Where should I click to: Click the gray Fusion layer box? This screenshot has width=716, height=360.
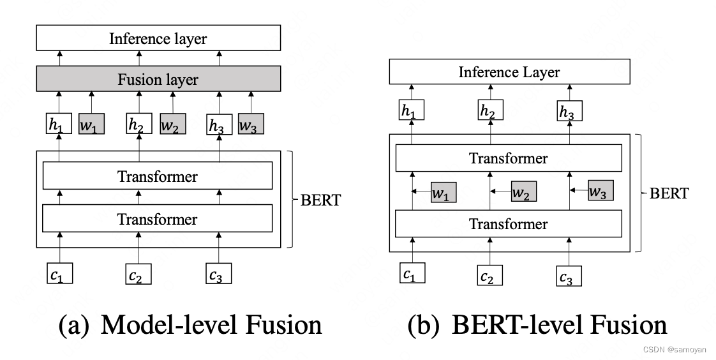tap(158, 80)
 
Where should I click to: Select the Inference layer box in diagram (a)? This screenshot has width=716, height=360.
tap(158, 38)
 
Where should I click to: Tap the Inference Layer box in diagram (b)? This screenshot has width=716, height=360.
tap(509, 72)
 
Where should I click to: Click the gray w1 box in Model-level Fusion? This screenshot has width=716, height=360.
tap(91, 124)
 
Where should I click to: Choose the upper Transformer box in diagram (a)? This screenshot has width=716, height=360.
tap(158, 176)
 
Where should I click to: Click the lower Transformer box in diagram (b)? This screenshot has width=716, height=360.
tap(509, 223)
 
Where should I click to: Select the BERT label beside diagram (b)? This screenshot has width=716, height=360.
tap(669, 193)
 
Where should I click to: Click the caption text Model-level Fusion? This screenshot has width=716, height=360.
tap(190, 326)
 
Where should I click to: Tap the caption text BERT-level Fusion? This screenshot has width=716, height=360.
tap(538, 326)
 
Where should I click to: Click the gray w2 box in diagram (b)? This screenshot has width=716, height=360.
tap(523, 191)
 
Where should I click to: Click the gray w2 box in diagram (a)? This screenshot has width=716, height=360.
tap(172, 124)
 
